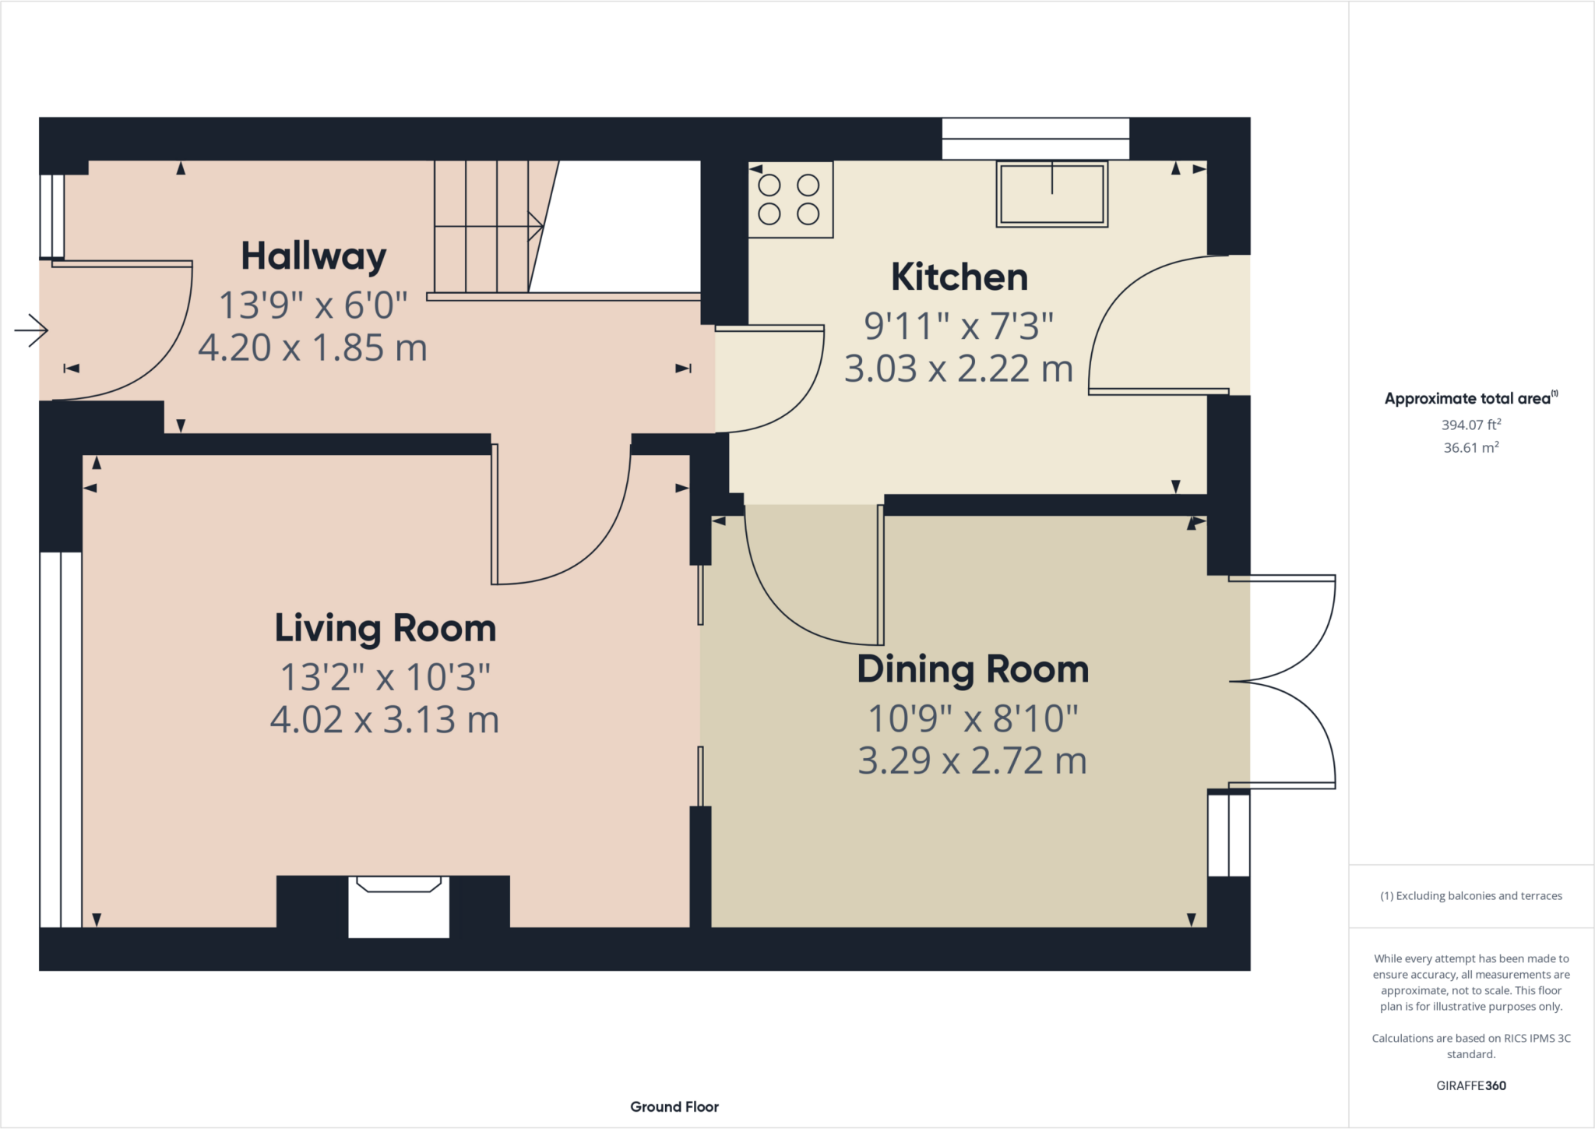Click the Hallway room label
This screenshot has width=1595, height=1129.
[x=313, y=256]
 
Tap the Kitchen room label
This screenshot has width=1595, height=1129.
[x=959, y=277]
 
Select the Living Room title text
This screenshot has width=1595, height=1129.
[x=385, y=628]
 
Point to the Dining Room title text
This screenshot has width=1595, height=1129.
[x=973, y=669]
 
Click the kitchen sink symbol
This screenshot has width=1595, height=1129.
[x=1051, y=195]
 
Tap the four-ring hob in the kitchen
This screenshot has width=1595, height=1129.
[x=790, y=199]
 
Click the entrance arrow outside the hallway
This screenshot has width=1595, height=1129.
[x=31, y=330]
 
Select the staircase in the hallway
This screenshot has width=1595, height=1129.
[x=491, y=226]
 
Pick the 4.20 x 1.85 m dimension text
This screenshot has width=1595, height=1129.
[x=312, y=348]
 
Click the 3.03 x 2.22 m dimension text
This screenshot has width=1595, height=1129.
[x=959, y=369]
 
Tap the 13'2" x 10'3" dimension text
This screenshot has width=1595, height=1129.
[x=385, y=677]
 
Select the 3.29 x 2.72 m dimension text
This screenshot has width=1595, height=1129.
[x=972, y=761]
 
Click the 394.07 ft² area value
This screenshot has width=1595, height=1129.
[x=1470, y=425]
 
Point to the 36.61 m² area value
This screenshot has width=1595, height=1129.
[x=1470, y=448]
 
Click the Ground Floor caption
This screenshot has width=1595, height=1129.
[x=674, y=1106]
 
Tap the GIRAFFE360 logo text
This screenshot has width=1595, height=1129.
[x=1470, y=1085]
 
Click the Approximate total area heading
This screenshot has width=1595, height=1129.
[x=1469, y=399]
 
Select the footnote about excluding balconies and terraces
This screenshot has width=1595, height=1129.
[x=1470, y=896]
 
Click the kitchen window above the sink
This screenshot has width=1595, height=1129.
[x=1035, y=139]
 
